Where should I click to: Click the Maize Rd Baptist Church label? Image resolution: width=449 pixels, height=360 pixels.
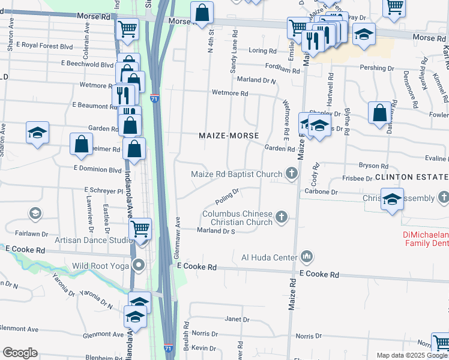click(237, 174)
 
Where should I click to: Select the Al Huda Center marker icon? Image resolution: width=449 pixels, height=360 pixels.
click(307, 257)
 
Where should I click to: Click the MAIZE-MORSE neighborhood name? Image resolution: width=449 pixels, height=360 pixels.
click(229, 136)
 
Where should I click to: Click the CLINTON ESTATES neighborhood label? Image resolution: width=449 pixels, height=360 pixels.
click(412, 177)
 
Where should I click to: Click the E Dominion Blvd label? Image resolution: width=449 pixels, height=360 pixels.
click(97, 169)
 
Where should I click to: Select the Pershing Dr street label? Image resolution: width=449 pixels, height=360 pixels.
click(382, 68)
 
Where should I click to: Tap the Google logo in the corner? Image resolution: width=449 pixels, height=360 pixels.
click(20, 352)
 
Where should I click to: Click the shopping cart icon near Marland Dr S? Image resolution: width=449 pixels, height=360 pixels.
click(140, 229)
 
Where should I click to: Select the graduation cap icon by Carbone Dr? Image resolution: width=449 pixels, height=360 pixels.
click(392, 199)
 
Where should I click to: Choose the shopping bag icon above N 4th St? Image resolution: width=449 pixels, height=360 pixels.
click(203, 12)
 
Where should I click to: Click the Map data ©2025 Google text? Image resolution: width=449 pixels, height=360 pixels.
click(411, 355)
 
